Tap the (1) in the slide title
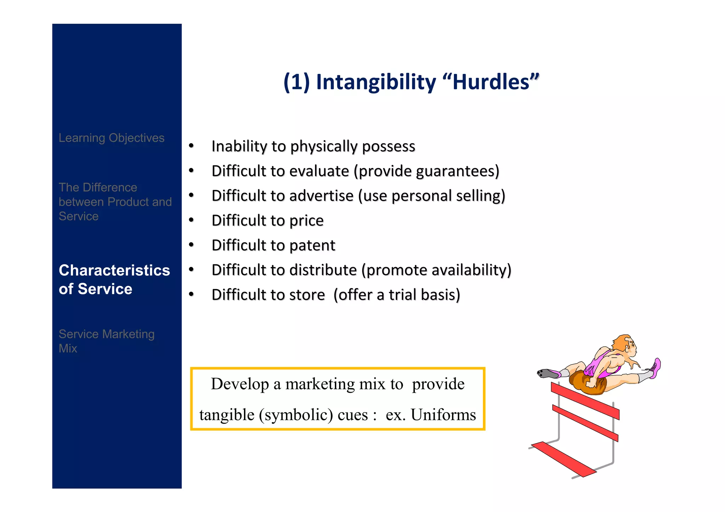tap(297, 82)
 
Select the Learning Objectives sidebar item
tap(112, 138)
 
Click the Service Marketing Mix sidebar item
tap(106, 341)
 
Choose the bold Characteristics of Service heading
tap(114, 280)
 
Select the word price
tap(306, 221)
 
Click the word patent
tap(312, 245)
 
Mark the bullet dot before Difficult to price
tap(192, 220)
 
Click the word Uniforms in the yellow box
tap(443, 415)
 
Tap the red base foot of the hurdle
tap(563, 459)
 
